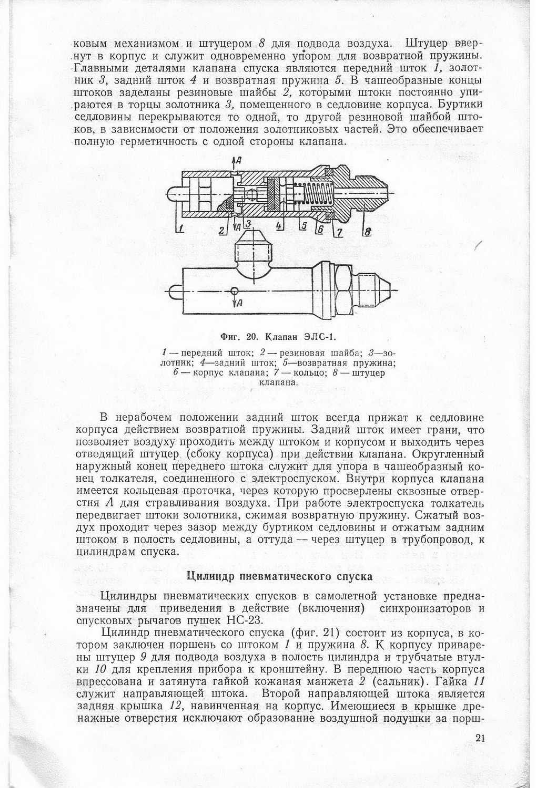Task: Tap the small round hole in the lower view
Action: [x=234, y=291]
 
